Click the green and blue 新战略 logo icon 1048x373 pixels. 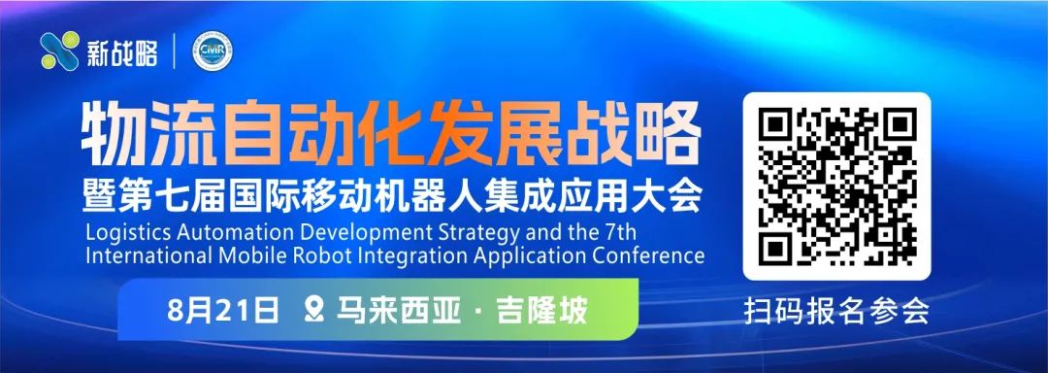59,51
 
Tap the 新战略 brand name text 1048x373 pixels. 122,52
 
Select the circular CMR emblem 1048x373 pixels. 212,51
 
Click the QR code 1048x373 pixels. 836,186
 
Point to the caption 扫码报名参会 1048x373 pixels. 836,313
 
